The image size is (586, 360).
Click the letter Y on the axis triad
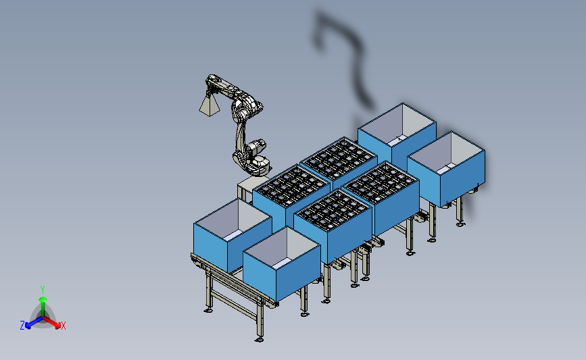click(x=42, y=290)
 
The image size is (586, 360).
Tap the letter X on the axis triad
click(x=63, y=326)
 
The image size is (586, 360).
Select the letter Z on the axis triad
click(x=22, y=326)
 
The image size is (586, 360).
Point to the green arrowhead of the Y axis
click(x=43, y=299)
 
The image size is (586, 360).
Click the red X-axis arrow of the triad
click(x=51, y=322)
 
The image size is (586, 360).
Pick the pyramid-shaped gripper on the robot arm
click(x=210, y=105)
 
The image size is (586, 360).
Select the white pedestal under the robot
click(x=249, y=188)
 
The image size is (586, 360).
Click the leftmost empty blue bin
click(x=233, y=235)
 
